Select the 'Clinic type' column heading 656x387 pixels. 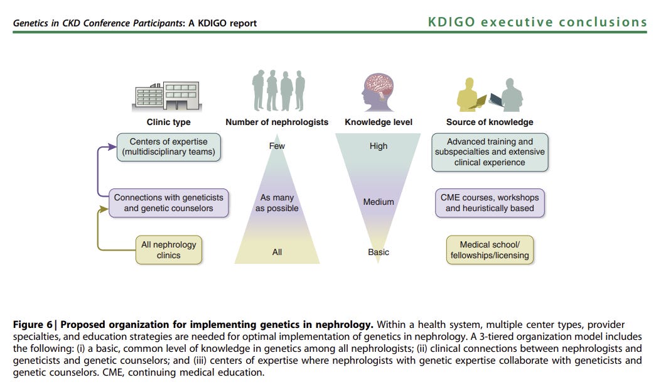click(168, 122)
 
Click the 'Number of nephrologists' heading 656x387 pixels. click(277, 122)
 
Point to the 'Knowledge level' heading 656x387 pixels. click(379, 122)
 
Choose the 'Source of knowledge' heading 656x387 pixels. click(490, 122)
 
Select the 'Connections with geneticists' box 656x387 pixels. click(168, 202)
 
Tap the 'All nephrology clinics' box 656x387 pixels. click(168, 249)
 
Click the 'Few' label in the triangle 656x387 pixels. click(277, 146)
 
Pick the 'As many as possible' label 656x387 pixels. click(277, 202)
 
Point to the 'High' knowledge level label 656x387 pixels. click(379, 146)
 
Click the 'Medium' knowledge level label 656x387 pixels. click(379, 202)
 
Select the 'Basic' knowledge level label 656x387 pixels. click(379, 252)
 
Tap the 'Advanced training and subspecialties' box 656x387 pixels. click(490, 151)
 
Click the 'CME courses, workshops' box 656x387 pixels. click(490, 202)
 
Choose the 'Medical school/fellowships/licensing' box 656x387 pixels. click(490, 249)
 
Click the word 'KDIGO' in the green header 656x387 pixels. click(453, 23)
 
